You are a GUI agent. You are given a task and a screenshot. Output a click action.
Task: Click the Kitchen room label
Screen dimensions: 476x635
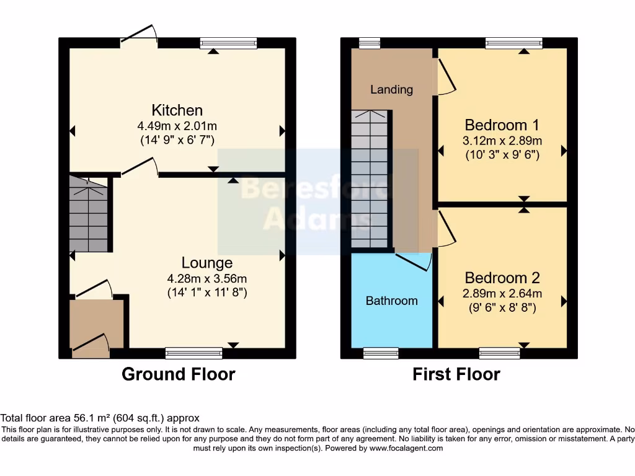pyautogui.click(x=177, y=110)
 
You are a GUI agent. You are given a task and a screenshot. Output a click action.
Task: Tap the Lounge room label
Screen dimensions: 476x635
pyautogui.click(x=206, y=263)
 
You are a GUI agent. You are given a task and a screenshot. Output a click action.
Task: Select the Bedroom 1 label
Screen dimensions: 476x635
pyautogui.click(x=502, y=123)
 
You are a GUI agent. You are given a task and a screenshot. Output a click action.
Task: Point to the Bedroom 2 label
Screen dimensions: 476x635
pyautogui.click(x=502, y=278)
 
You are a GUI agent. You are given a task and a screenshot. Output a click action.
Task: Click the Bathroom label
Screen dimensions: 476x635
pyautogui.click(x=391, y=301)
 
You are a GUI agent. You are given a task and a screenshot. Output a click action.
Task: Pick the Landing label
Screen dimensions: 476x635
pyautogui.click(x=391, y=89)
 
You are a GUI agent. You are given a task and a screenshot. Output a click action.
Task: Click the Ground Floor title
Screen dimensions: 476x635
pyautogui.click(x=178, y=374)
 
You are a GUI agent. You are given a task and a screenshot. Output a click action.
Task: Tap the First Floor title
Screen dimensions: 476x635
pyautogui.click(x=456, y=374)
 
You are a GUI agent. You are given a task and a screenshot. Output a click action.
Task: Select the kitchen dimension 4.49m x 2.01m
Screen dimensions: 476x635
pyautogui.click(x=177, y=126)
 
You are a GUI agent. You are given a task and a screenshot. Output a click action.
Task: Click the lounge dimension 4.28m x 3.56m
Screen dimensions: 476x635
pyautogui.click(x=206, y=278)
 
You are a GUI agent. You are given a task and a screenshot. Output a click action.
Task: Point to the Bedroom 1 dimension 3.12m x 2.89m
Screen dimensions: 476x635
pyautogui.click(x=502, y=141)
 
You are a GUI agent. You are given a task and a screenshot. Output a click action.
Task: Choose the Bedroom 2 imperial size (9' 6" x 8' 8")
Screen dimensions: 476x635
pyautogui.click(x=502, y=307)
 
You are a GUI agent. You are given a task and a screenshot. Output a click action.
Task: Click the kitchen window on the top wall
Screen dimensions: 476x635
pyautogui.click(x=228, y=43)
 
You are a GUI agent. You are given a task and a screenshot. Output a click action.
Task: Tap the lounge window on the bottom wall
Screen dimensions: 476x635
pyautogui.click(x=193, y=353)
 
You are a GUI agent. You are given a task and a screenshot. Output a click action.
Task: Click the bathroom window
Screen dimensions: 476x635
pyautogui.click(x=381, y=353)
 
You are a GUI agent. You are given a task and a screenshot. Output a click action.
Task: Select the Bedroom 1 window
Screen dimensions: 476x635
pyautogui.click(x=514, y=43)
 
